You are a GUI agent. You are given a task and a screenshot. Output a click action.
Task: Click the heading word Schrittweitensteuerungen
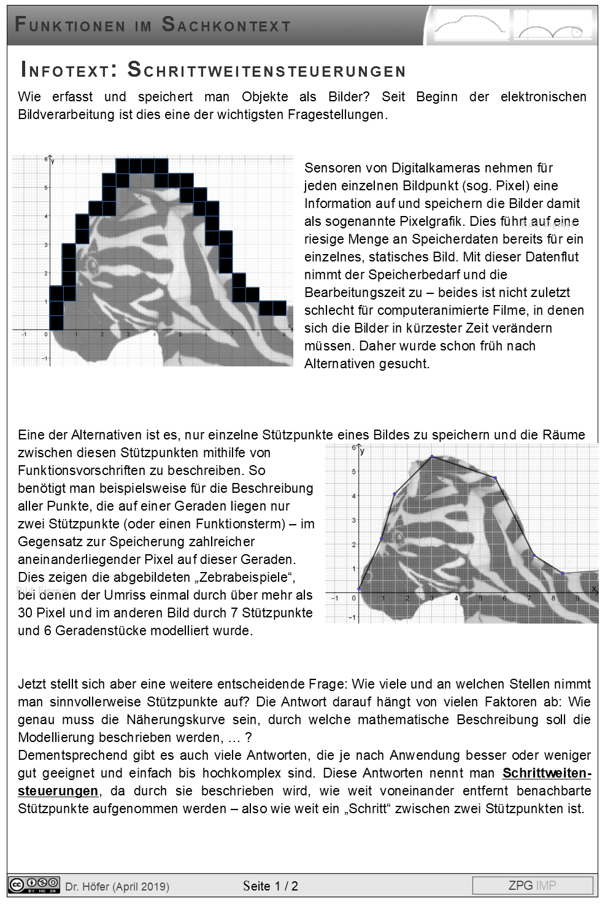(x=266, y=71)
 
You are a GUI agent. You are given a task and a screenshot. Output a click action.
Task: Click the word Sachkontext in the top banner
(x=226, y=25)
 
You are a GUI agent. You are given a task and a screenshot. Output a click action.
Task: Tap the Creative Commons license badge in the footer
(x=34, y=885)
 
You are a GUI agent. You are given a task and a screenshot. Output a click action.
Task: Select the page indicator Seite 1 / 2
(x=270, y=886)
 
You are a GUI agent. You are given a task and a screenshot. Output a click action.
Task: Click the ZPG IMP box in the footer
(x=532, y=886)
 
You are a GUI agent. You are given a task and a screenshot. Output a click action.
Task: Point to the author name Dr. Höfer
(x=87, y=886)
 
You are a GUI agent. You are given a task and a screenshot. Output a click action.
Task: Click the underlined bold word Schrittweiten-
(x=547, y=773)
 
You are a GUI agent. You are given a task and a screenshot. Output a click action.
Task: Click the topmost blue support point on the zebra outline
(x=432, y=456)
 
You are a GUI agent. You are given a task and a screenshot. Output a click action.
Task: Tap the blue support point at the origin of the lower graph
(x=359, y=589)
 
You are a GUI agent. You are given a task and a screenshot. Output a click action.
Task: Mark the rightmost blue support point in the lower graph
(x=563, y=573)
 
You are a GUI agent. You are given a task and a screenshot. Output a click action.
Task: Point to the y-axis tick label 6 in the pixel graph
(x=45, y=159)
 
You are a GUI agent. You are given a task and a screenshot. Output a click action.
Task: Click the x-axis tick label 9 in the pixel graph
(x=283, y=334)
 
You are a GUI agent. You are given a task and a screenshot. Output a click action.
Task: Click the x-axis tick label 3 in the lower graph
(x=431, y=598)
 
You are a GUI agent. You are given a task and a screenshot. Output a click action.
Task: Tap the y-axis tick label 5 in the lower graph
(x=353, y=472)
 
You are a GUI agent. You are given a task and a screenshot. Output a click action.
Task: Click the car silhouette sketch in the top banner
(x=469, y=26)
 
